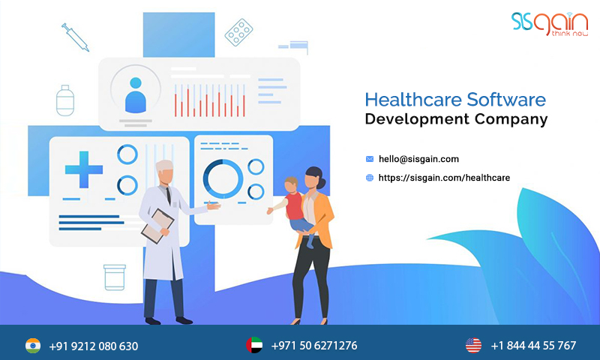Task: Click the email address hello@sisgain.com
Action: [418, 159]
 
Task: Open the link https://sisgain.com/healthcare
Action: [444, 178]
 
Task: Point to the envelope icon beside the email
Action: [369, 159]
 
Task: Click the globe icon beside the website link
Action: [369, 178]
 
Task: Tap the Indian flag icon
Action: [32, 345]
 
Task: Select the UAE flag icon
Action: [253, 345]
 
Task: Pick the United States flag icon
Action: [472, 345]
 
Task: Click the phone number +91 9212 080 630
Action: [93, 346]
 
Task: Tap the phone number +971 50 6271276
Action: [313, 346]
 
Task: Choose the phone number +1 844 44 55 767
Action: [533, 346]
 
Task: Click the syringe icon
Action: [74, 36]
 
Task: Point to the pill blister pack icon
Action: [238, 32]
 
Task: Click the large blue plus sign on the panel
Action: [83, 169]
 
